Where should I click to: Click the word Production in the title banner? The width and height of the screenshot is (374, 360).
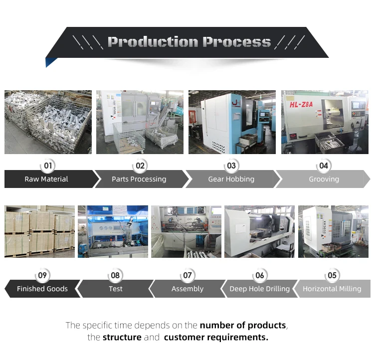pos(153,42)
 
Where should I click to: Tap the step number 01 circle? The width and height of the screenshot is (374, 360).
pos(48,166)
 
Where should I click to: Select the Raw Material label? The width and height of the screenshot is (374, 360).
pos(46,179)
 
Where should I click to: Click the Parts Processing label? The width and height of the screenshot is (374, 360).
pos(139,179)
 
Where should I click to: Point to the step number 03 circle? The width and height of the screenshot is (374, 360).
pos(231,166)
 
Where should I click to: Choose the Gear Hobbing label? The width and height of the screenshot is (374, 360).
pos(231,179)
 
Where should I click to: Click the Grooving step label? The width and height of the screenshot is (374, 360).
pos(324,179)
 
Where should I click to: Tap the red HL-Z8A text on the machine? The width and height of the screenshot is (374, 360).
pos(301,105)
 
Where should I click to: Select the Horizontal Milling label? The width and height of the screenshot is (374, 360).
pos(332,289)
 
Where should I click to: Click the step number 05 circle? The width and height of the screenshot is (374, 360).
pos(332,275)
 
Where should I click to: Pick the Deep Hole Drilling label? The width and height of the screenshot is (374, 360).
pos(259,289)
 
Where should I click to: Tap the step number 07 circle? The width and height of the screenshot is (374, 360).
pos(187,275)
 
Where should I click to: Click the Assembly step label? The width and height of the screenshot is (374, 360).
pos(187,289)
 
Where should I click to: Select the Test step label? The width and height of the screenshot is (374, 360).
pos(116,289)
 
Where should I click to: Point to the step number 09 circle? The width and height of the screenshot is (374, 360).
pos(42,275)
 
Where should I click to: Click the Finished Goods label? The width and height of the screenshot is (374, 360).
pos(42,289)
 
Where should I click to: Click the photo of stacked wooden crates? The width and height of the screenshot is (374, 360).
pos(39,231)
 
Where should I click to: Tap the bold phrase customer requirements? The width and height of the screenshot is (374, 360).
pos(216,338)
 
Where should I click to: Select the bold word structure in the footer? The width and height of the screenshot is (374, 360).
pos(122,338)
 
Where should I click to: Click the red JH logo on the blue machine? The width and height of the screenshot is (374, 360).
pos(236,103)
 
